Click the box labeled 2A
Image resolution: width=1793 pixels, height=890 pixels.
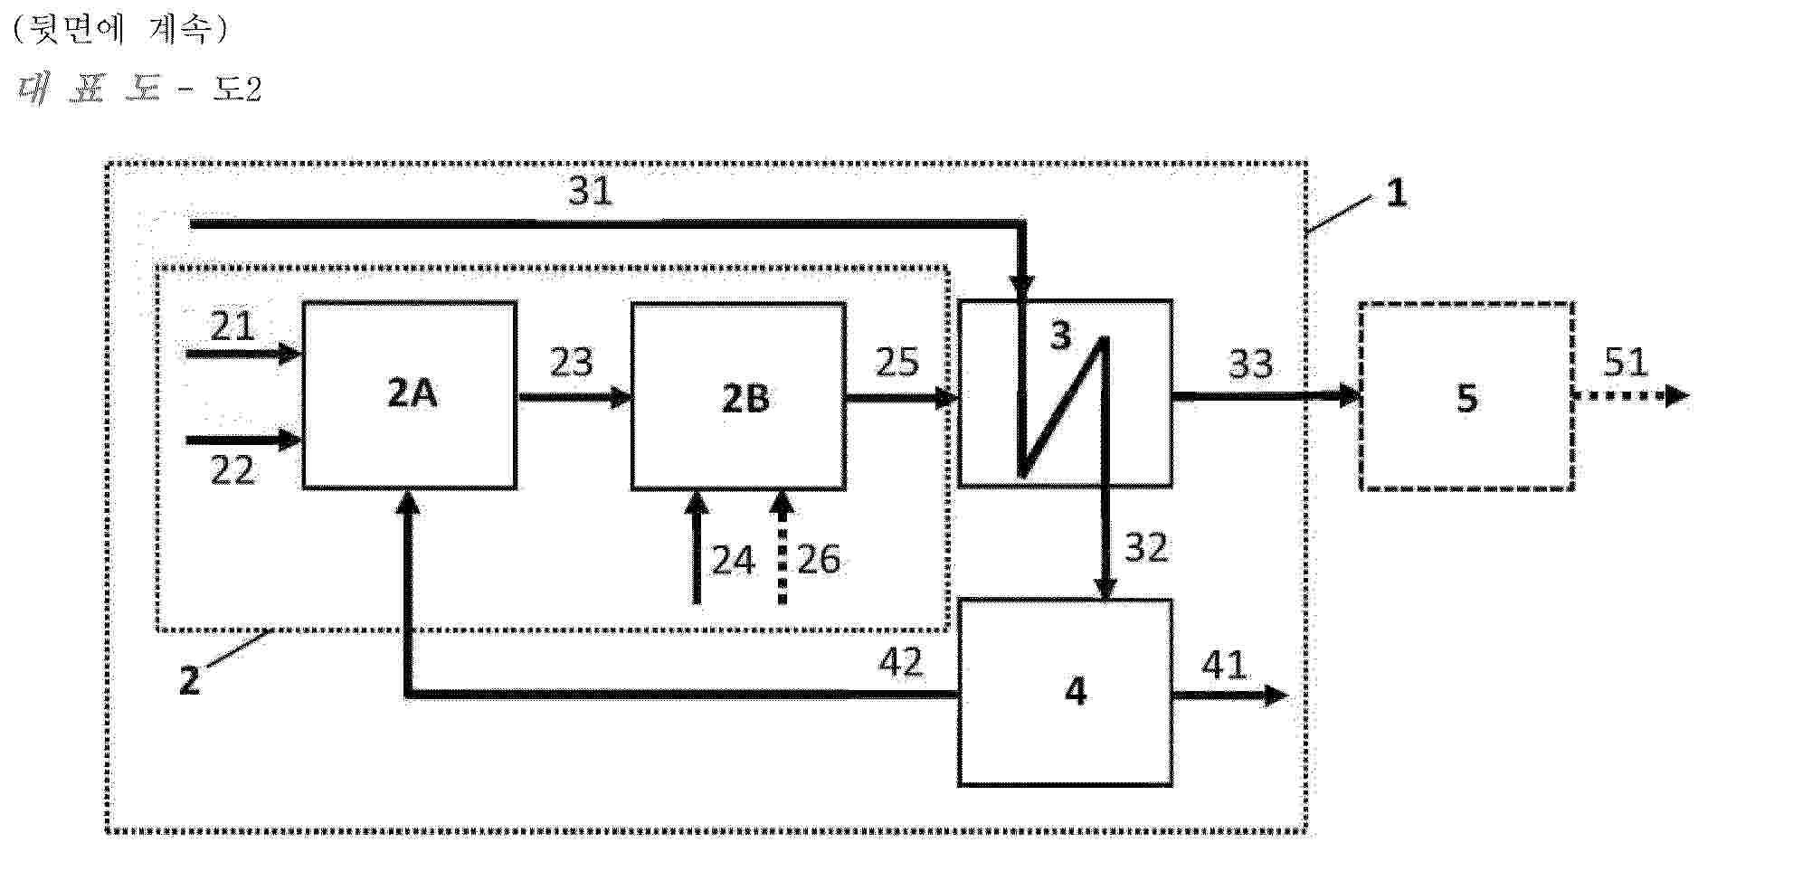409,395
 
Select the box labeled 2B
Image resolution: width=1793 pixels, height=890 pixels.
738,396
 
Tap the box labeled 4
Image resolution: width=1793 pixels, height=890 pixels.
1065,692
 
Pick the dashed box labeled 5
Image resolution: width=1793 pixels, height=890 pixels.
1466,396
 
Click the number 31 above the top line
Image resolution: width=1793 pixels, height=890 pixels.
590,191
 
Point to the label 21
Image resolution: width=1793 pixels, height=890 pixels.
232,326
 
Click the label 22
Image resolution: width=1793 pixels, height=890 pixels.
232,470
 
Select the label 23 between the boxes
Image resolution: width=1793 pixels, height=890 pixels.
572,362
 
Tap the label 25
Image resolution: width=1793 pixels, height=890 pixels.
896,362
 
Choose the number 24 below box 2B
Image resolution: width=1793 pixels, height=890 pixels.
733,561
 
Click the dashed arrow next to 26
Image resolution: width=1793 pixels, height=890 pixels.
783,546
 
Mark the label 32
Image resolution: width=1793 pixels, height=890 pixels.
1146,547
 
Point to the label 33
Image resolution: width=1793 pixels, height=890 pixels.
1250,364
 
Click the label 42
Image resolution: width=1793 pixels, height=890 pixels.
901,663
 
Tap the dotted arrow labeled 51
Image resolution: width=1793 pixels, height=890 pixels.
1632,395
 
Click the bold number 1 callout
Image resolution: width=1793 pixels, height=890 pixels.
1397,193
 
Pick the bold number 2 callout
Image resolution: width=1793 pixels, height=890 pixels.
189,680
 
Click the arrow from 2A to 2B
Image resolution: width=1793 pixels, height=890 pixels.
574,396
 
